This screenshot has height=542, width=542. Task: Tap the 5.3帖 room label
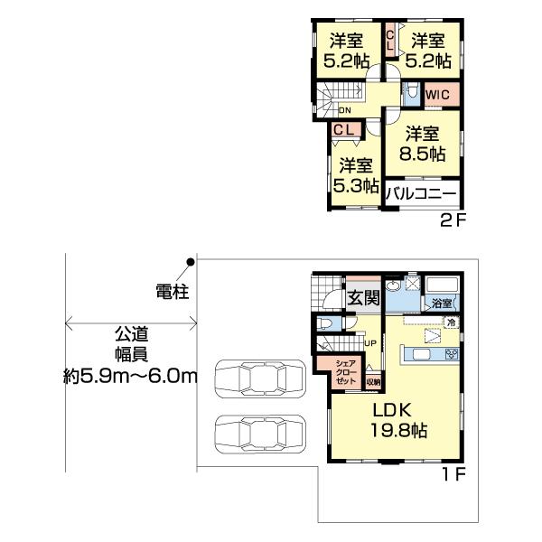[356, 175]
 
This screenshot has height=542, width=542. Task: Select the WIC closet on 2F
[439, 94]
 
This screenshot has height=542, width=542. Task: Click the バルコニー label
[423, 192]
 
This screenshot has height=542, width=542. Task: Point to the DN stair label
[344, 111]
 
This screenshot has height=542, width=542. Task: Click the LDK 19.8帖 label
[397, 420]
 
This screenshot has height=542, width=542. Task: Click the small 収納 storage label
[374, 380]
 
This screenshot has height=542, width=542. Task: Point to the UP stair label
[370, 343]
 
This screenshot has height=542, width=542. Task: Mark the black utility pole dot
[191, 263]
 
